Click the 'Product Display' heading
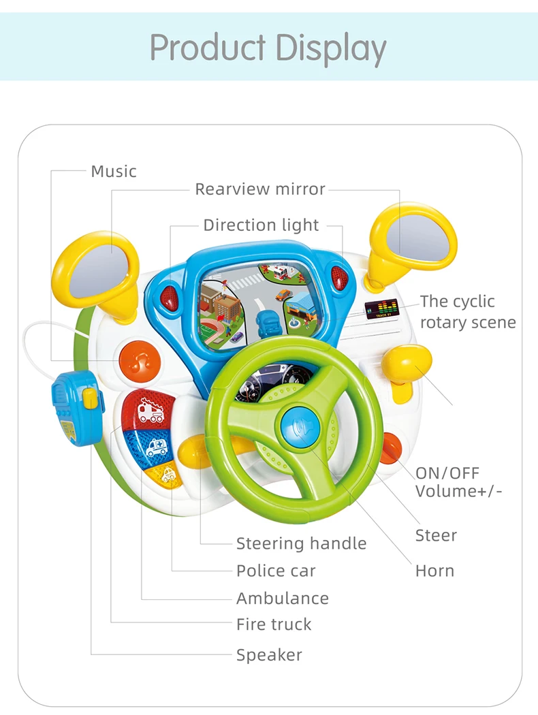268,47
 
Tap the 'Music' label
114,171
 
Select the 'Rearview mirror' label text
260,189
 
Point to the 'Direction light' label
261,225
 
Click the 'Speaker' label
269,655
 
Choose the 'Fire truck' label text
274,624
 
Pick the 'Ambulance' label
282,599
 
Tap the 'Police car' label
276,571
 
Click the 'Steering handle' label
301,543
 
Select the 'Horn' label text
434,571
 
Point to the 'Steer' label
436,535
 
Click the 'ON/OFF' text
447,473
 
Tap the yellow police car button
167,475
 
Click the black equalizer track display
382,308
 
